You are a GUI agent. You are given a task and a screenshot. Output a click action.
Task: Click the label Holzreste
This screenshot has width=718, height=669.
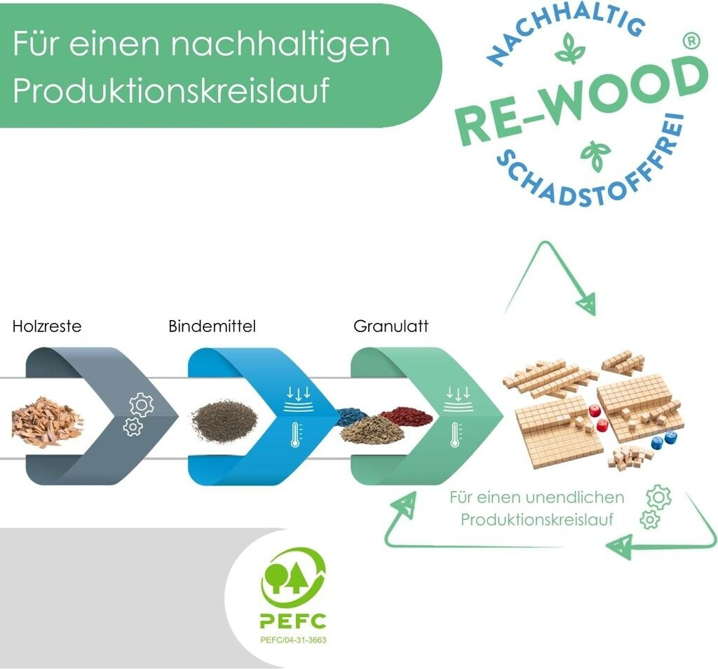tap(46, 326)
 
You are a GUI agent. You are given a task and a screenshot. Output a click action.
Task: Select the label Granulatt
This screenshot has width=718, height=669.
tap(391, 326)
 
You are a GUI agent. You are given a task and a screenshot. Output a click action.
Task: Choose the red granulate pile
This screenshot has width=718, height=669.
tap(407, 415)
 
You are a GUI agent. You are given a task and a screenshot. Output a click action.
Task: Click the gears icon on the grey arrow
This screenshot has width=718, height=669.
tap(138, 415)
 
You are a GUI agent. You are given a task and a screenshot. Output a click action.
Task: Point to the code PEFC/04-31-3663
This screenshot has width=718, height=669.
tap(293, 640)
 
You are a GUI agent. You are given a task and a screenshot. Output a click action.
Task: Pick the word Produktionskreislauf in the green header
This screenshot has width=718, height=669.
tap(172, 92)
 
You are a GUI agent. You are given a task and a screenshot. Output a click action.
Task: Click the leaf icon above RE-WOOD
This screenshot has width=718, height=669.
tap(569, 52)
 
